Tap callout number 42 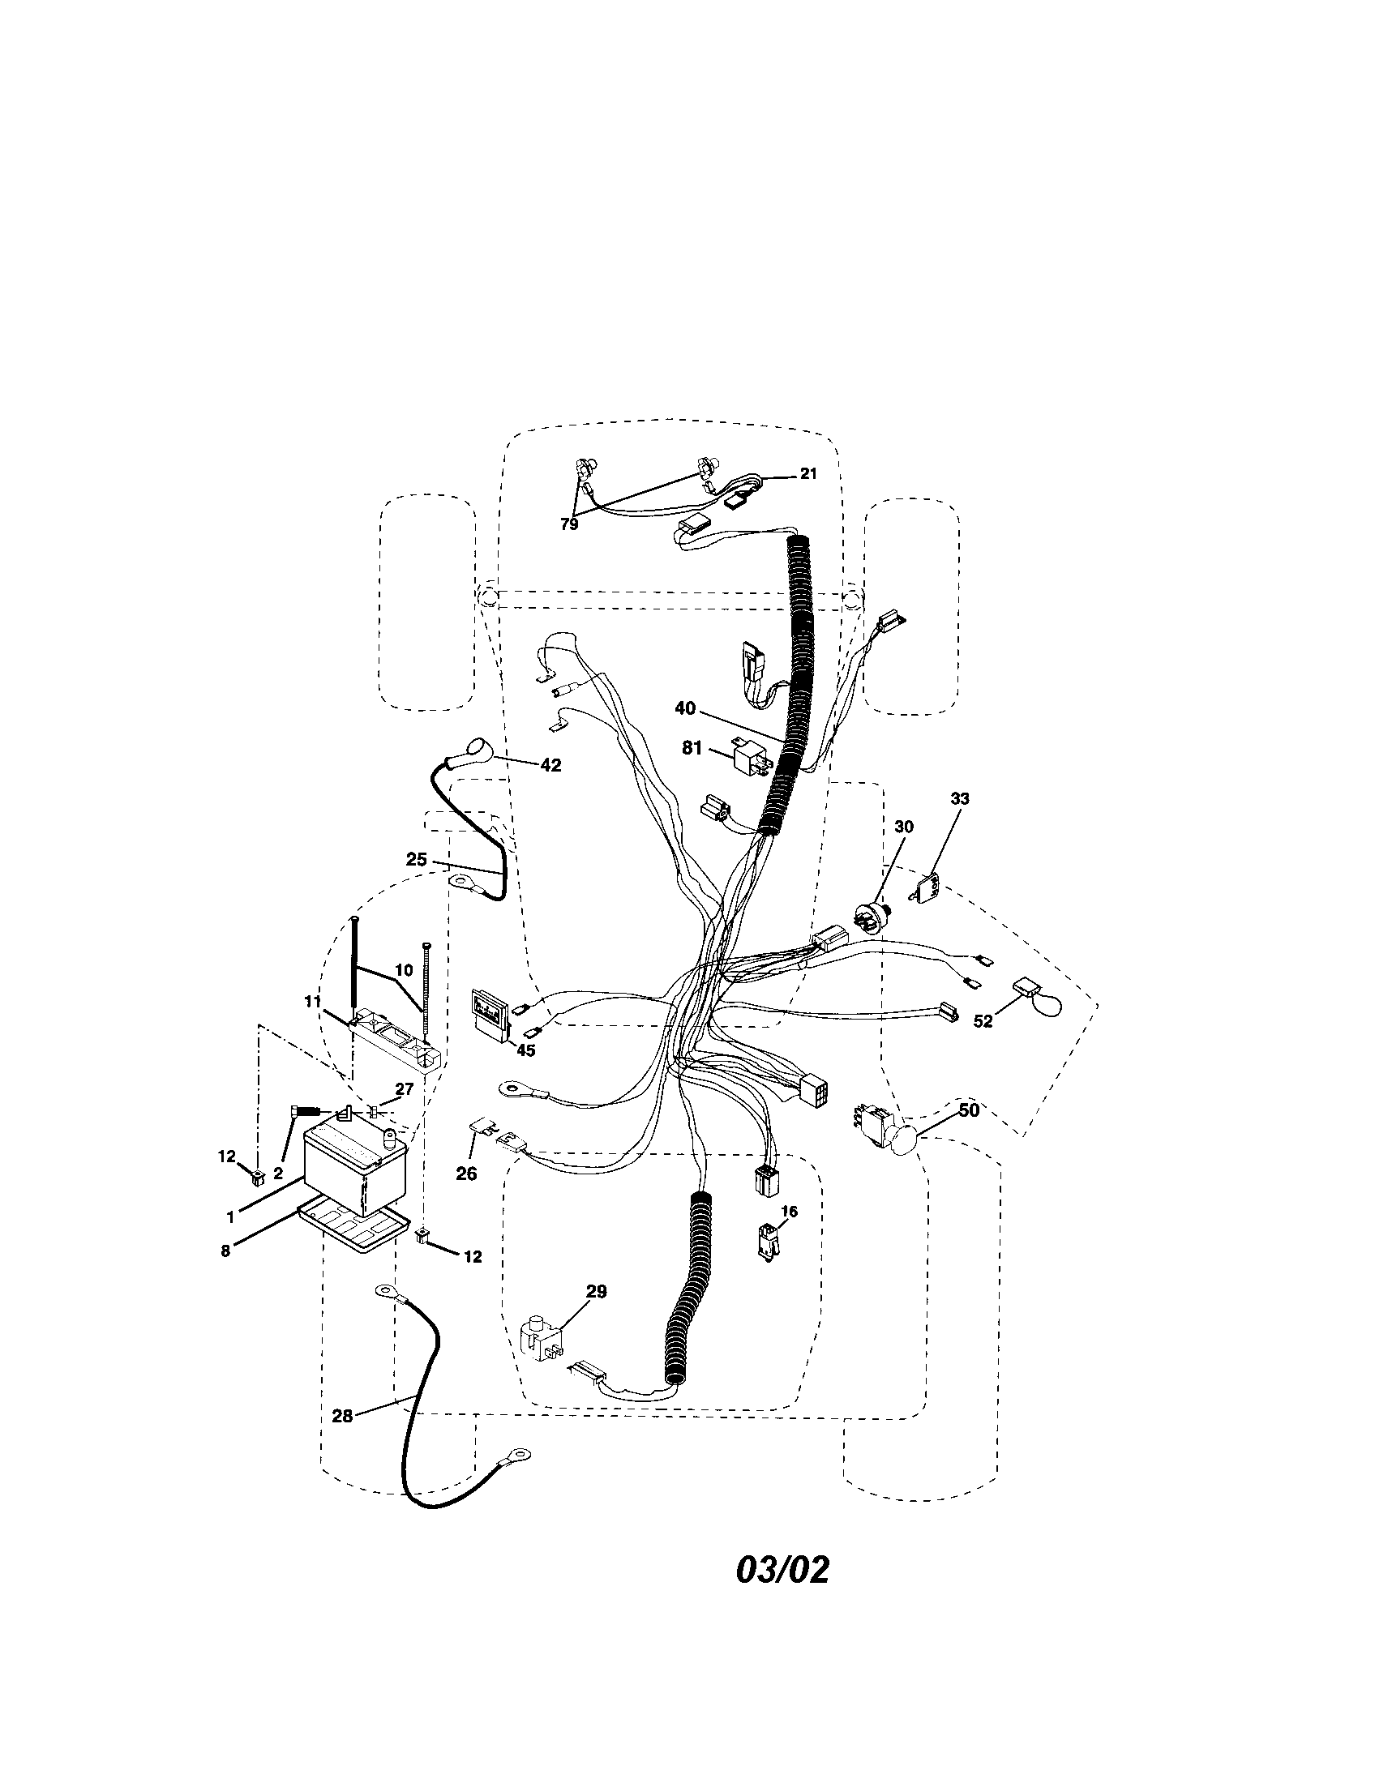click(551, 765)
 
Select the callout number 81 click(692, 748)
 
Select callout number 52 click(983, 1020)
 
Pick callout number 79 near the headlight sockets click(569, 524)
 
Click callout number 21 click(807, 473)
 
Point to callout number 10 click(405, 969)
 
